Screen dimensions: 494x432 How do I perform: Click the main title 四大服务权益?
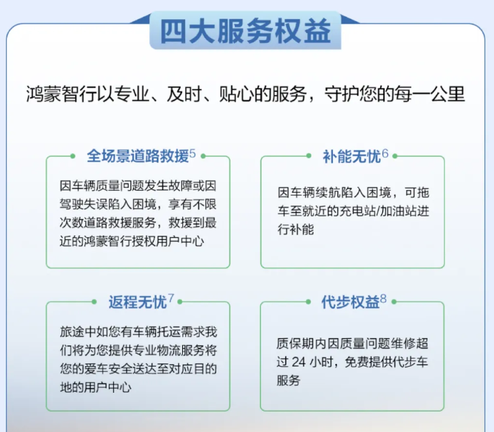click(245, 31)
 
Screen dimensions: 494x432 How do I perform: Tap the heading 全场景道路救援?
click(138, 155)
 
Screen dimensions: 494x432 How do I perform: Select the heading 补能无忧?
click(352, 156)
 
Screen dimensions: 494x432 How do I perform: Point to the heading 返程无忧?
click(138, 302)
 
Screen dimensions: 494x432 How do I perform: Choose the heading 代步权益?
click(350, 302)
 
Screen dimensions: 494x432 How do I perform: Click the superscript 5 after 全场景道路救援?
click(193, 154)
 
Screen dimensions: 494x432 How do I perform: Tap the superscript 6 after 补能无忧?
click(385, 154)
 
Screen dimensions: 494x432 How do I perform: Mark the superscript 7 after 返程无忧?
click(171, 298)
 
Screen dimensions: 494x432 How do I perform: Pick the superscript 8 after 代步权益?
click(383, 298)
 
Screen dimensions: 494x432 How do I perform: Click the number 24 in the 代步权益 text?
click(299, 362)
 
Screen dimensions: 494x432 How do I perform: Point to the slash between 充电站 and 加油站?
click(377, 211)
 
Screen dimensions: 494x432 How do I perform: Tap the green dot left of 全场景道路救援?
click(73, 156)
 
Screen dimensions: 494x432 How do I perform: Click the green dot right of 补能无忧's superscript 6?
click(395, 156)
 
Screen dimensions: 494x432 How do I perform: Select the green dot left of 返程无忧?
click(94, 302)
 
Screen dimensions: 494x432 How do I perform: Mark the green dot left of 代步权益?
click(308, 302)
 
